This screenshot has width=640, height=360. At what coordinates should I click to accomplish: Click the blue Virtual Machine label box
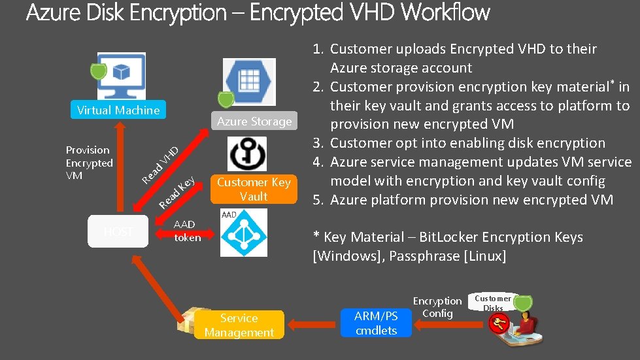click(118, 110)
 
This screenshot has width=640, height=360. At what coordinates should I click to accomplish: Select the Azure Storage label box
click(254, 122)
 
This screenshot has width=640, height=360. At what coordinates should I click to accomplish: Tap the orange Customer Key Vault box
click(254, 189)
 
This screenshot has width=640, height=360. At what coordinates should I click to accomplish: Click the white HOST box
click(118, 231)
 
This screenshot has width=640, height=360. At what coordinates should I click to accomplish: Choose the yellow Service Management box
click(239, 325)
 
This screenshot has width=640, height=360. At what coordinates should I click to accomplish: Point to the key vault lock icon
click(247, 154)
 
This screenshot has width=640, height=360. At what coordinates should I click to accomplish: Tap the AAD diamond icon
click(243, 234)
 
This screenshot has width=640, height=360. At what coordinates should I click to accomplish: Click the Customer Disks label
click(493, 303)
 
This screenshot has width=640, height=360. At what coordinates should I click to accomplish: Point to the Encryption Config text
click(437, 307)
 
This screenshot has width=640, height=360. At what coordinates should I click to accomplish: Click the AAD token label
click(187, 231)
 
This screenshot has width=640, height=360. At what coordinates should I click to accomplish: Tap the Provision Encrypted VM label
click(90, 163)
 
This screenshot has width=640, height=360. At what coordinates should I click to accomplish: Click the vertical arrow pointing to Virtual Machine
click(119, 170)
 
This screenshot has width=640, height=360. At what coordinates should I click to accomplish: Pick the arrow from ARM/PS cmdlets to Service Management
click(312, 323)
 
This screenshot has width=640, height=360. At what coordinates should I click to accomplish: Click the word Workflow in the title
click(445, 12)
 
